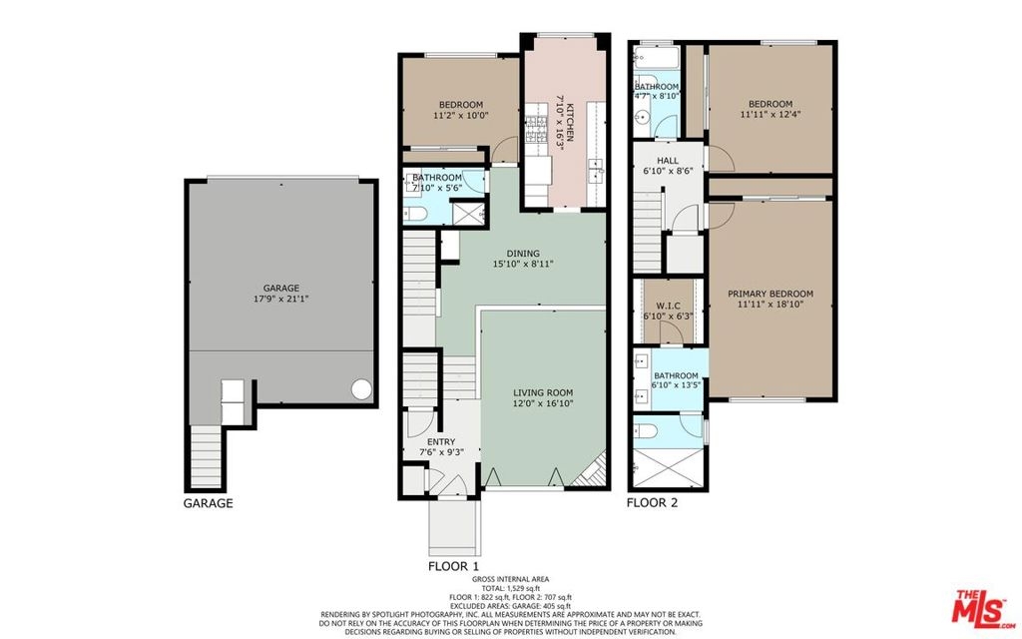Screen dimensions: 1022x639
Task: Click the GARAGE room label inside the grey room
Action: pos(280,289)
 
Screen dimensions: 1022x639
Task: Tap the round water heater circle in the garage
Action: pos(361,389)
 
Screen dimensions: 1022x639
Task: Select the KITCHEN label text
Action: pos(569,122)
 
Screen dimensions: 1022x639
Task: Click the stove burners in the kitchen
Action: pos(536,129)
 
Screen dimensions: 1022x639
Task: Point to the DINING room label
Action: pos(523,254)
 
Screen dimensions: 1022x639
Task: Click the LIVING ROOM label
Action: pos(543,392)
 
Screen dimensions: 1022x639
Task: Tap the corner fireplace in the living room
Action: pos(589,472)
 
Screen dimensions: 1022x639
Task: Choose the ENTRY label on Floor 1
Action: pos(441,442)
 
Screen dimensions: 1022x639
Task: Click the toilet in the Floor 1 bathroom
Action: pos(415,214)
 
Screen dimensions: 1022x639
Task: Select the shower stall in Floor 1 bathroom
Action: pos(469,214)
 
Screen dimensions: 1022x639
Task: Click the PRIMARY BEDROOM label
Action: pos(770,295)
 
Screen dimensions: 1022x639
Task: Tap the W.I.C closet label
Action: pos(668,306)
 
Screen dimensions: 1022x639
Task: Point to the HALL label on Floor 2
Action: pos(668,161)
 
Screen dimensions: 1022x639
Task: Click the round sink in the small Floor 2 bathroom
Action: pos(642,118)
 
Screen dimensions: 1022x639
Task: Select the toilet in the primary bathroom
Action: pos(647,431)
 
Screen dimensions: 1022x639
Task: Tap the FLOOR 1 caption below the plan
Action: pos(454,567)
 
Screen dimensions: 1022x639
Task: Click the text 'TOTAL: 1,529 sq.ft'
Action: pos(510,588)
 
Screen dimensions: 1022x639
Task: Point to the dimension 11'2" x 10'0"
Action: pos(461,116)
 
